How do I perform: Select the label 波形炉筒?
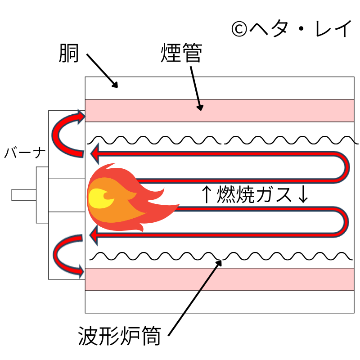click(x=119, y=336)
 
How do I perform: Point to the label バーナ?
click(x=25, y=153)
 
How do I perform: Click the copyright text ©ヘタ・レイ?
click(x=291, y=30)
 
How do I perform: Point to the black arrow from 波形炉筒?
click(x=195, y=297)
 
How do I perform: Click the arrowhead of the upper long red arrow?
click(x=94, y=155)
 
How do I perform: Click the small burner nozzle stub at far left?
click(x=24, y=195)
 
